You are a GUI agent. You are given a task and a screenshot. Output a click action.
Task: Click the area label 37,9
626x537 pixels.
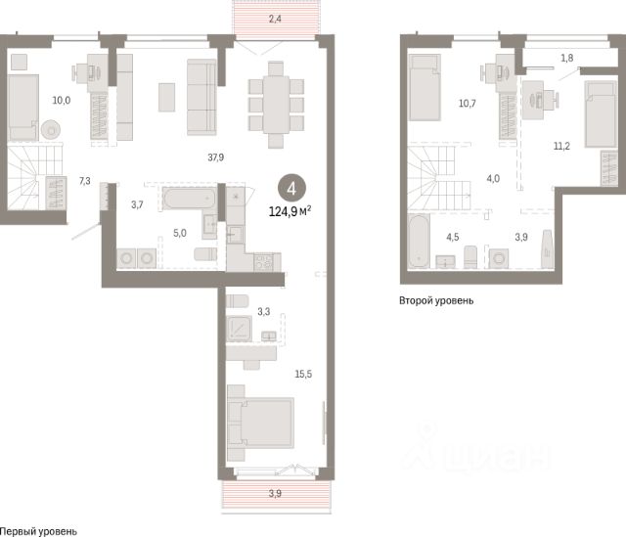pos(215,157)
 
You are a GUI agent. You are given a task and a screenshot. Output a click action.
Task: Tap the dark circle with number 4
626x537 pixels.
pos(291,189)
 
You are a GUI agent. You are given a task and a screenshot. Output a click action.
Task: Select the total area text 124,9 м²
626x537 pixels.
pos(291,211)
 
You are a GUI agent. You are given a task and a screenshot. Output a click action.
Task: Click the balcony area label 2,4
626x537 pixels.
pos(275,19)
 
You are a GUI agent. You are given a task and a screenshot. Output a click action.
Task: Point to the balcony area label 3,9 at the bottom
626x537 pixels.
pos(275,494)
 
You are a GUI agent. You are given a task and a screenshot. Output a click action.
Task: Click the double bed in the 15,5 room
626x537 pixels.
pos(260,423)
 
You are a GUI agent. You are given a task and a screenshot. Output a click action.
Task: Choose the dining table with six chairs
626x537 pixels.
pos(276,105)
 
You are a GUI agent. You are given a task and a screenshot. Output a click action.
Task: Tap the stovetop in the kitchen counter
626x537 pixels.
pos(264,262)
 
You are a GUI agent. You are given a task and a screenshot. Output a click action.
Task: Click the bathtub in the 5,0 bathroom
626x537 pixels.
pos(189,198)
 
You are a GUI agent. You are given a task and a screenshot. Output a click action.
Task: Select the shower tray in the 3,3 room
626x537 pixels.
pos(239,329)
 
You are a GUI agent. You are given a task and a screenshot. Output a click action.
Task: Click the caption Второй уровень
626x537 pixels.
pos(436,300)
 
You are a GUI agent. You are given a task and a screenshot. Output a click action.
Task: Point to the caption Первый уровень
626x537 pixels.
pos(38,531)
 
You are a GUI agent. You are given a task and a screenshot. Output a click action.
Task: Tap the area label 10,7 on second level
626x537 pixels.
pos(468,104)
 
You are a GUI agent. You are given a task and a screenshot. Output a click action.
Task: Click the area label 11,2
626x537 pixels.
pos(561,146)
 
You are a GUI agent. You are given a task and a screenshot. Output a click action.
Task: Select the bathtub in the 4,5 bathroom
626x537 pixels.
pos(419,242)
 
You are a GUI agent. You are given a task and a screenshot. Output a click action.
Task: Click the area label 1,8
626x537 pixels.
pos(567,59)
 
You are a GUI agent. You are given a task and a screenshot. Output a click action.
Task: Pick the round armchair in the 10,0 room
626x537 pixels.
pos(51,129)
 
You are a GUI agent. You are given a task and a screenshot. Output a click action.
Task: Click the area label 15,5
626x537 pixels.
pos(303,374)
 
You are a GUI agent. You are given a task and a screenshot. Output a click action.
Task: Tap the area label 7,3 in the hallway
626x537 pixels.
pos(85,181)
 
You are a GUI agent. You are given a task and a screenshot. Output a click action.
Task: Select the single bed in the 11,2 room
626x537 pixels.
pos(601,113)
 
